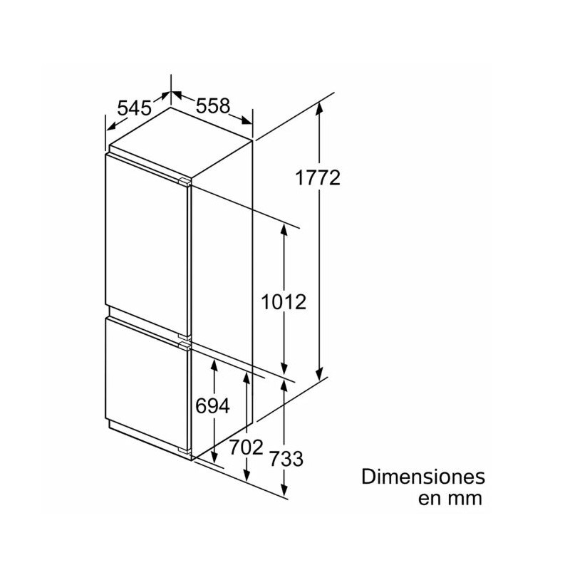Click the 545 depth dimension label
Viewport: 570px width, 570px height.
coord(135,108)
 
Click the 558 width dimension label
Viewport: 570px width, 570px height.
coord(213,105)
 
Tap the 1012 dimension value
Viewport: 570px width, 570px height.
coord(283,301)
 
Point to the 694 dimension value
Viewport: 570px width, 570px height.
coord(213,406)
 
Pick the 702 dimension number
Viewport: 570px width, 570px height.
coord(246,448)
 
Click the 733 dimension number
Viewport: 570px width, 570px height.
coord(286,459)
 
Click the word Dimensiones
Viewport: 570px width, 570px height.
coord(423,476)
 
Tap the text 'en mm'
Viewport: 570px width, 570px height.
coord(450,498)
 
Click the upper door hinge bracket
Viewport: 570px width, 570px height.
coord(185,181)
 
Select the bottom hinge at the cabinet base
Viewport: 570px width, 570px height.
coord(186,453)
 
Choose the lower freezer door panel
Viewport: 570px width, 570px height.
coord(146,385)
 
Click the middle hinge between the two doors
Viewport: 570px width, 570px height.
coord(186,342)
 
